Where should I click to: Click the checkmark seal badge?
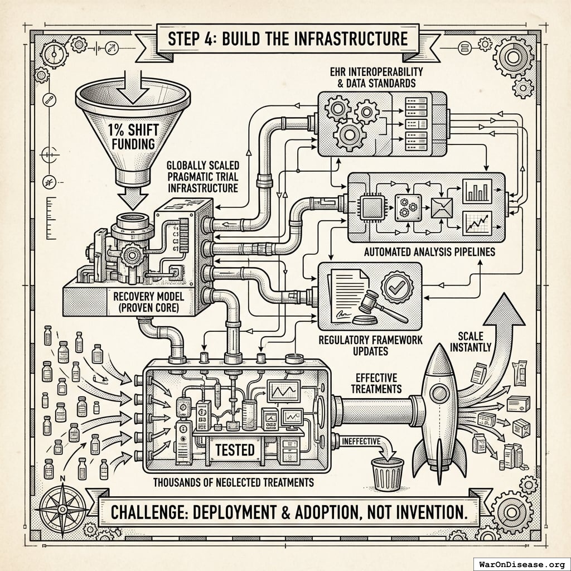398,287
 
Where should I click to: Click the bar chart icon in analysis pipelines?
477,191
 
